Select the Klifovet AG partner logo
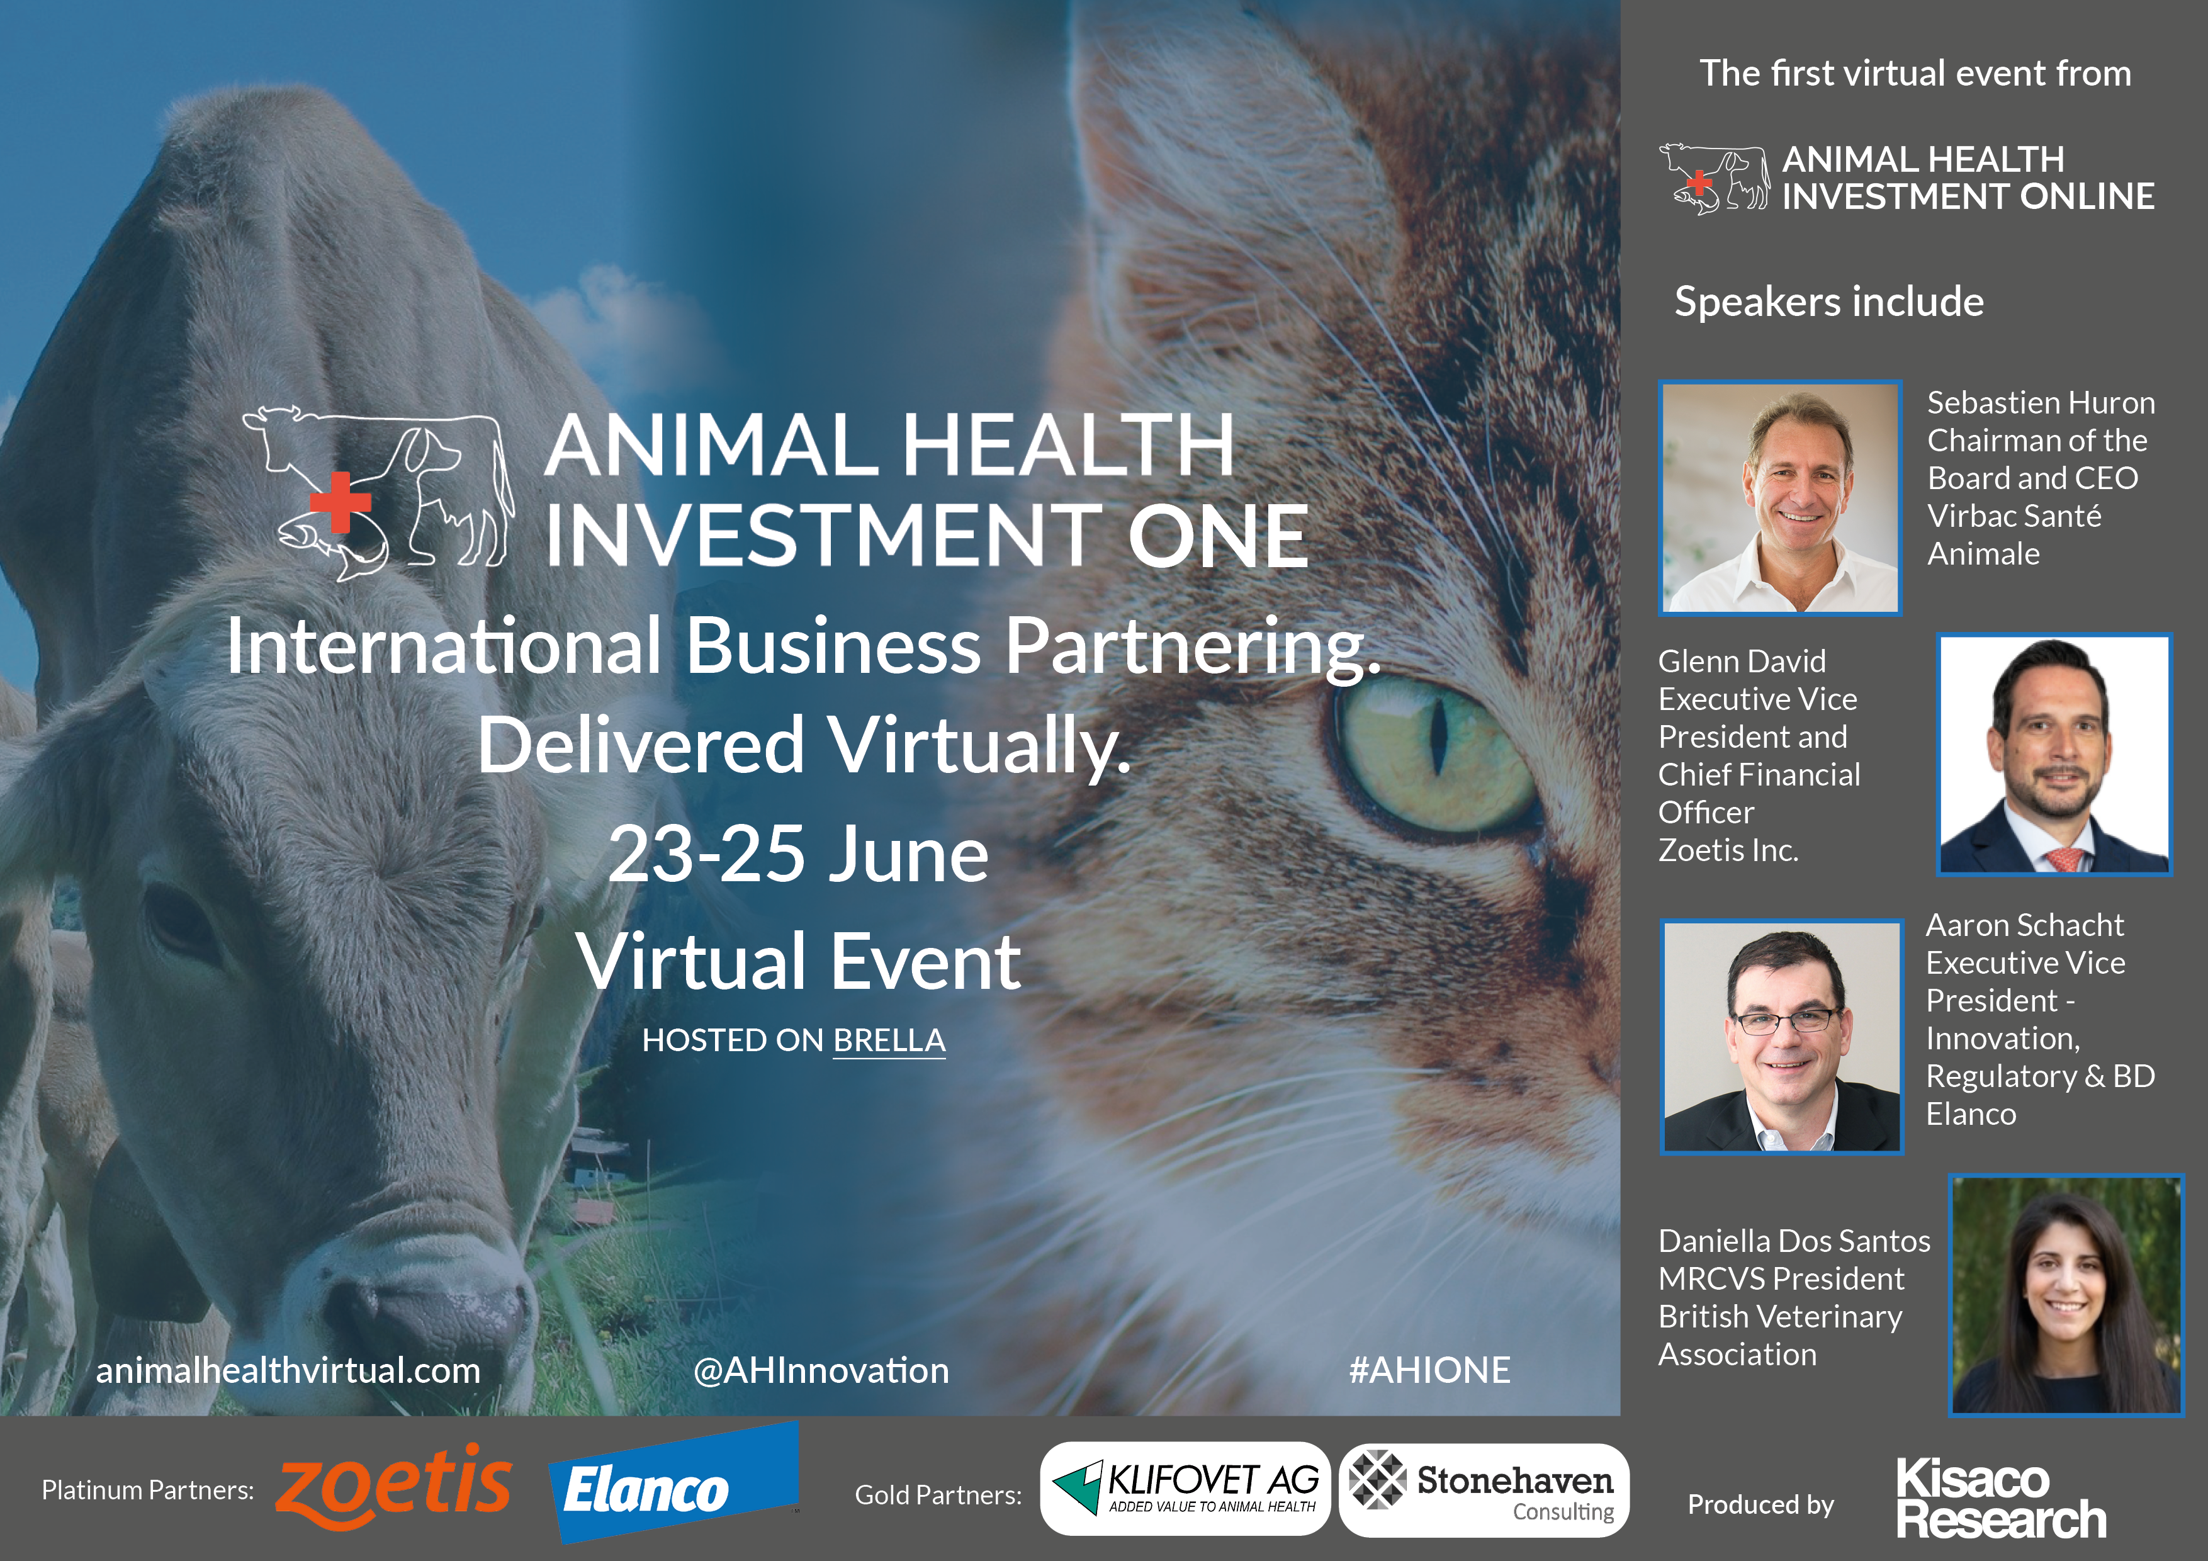pos(1185,1488)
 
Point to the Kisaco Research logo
pos(2000,1499)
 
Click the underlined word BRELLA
pos(889,1040)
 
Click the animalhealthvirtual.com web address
pos(288,1370)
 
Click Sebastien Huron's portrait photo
pos(1780,497)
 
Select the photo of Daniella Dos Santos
pos(2066,1295)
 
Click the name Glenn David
pos(1742,661)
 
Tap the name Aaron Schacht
pos(2024,924)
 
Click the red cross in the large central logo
pos(339,501)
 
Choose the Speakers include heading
pos(1829,301)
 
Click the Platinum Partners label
pos(147,1490)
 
